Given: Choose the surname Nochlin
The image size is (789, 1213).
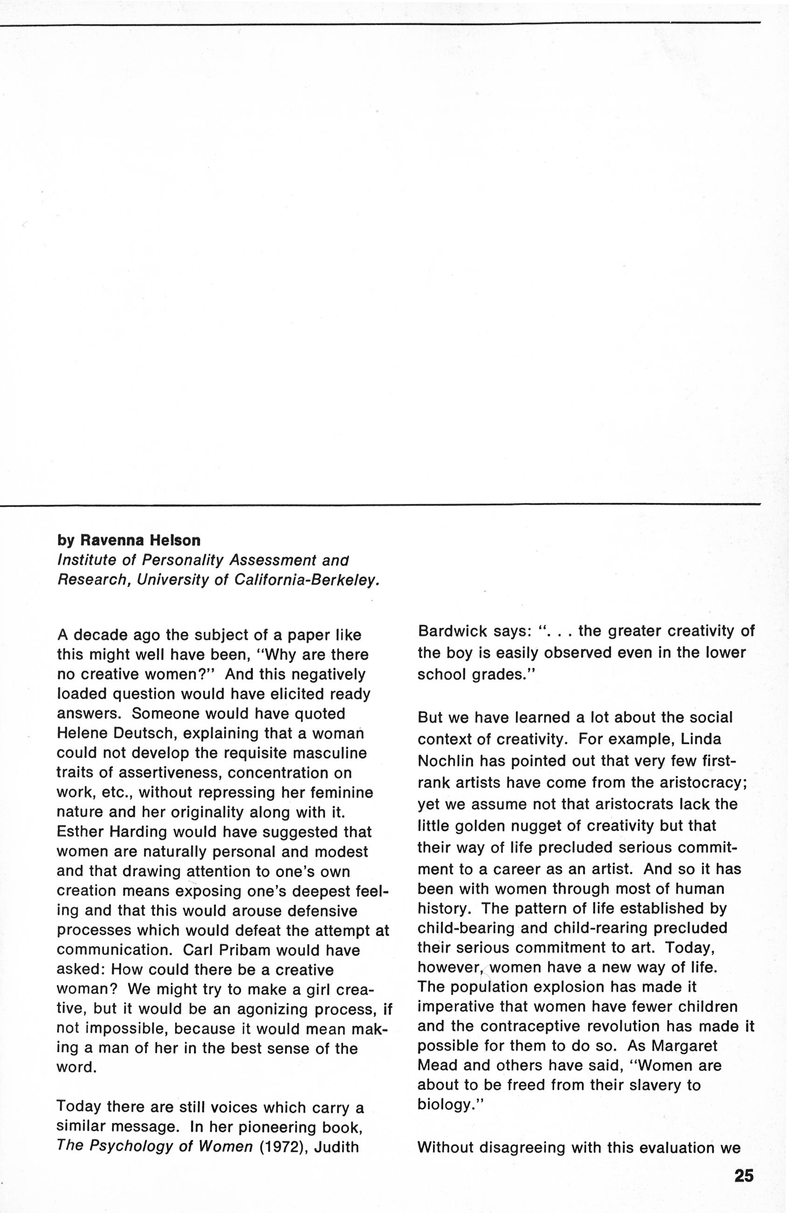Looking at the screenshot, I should [x=445, y=761].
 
